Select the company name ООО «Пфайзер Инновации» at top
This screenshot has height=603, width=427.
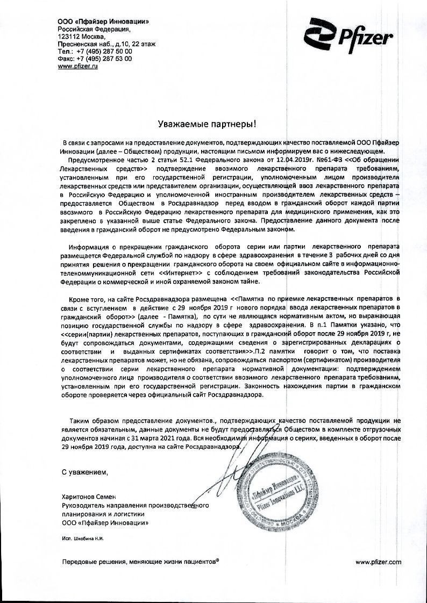tap(103, 20)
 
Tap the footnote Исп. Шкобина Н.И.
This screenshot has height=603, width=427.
tap(82, 538)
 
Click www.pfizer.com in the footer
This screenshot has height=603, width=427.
tap(379, 561)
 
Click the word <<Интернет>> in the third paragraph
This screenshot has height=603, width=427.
tap(177, 272)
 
